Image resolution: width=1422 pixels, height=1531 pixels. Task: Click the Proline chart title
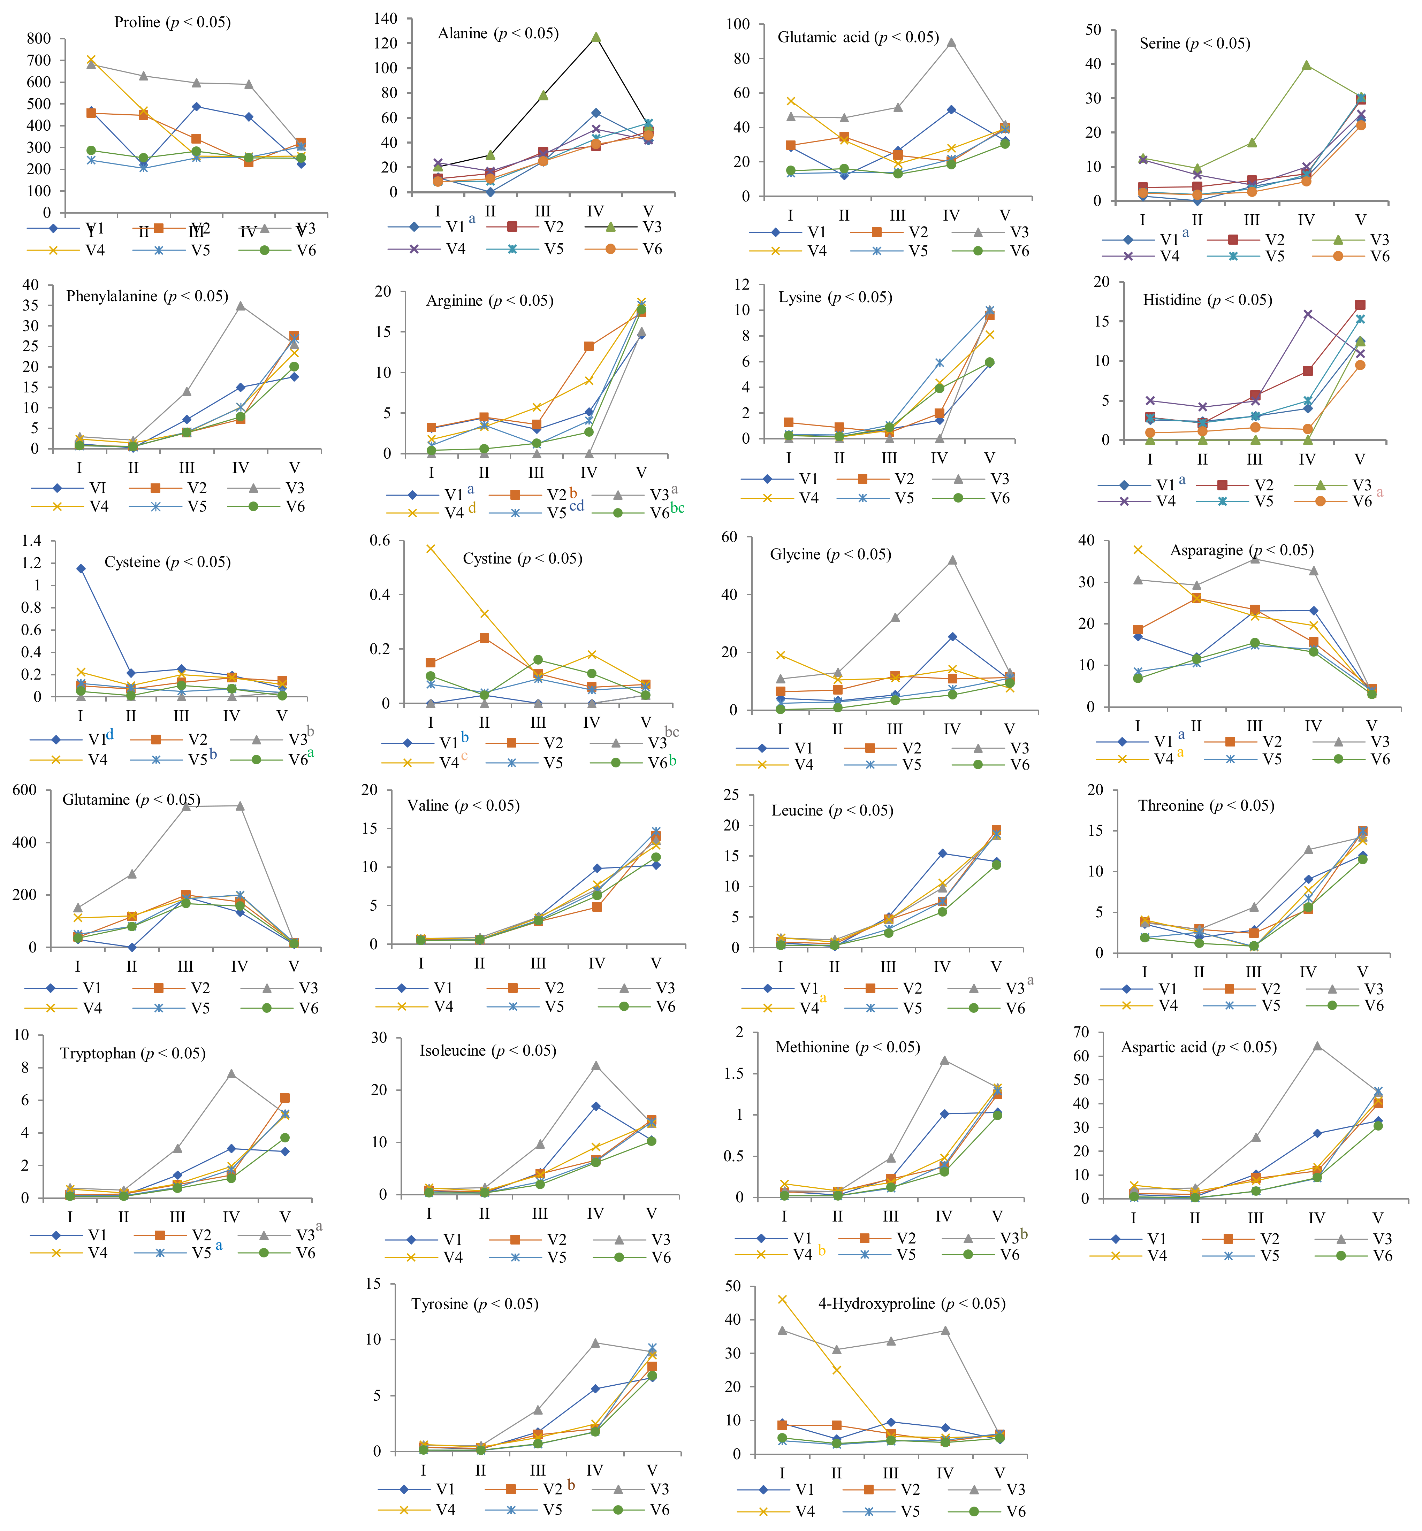[x=172, y=22]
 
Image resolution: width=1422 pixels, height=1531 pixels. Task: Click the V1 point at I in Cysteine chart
[x=81, y=568]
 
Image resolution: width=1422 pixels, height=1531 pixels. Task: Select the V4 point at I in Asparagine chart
[x=1138, y=549]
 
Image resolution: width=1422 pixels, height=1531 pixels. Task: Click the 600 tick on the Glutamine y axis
[x=25, y=790]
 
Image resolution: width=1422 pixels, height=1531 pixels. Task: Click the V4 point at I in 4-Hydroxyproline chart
[x=783, y=1300]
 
